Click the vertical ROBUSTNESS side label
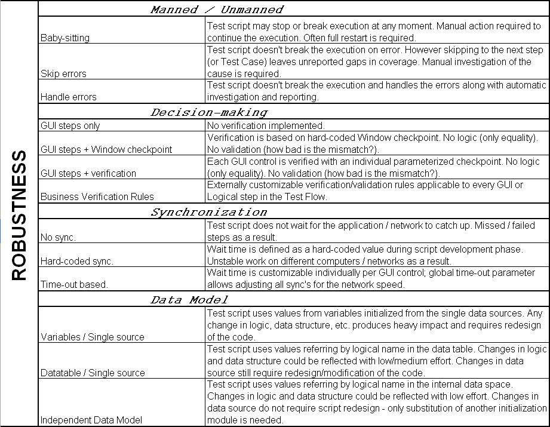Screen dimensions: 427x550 [x=19, y=215]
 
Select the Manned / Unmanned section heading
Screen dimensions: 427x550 [x=217, y=9]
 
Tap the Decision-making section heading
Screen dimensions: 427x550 [x=209, y=112]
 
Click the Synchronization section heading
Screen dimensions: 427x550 [x=209, y=212]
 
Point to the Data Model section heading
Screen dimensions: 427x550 [x=189, y=299]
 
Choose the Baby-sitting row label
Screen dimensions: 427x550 [x=65, y=38]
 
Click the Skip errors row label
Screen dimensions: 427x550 [x=63, y=73]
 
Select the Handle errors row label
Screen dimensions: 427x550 [x=68, y=97]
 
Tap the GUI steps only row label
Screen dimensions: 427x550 [x=70, y=125]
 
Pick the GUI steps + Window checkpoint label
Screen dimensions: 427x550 [x=106, y=149]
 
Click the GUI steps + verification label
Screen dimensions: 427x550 [x=88, y=173]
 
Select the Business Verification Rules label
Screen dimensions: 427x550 [x=97, y=196]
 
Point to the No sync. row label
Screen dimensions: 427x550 [x=58, y=236]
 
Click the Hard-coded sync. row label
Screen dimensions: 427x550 [x=76, y=261]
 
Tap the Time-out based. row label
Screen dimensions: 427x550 [x=74, y=284]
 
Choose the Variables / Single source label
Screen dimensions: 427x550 [x=92, y=337]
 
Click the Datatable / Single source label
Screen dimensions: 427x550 [x=93, y=373]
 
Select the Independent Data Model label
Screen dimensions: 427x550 [x=91, y=420]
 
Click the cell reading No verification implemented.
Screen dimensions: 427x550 [x=266, y=125]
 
